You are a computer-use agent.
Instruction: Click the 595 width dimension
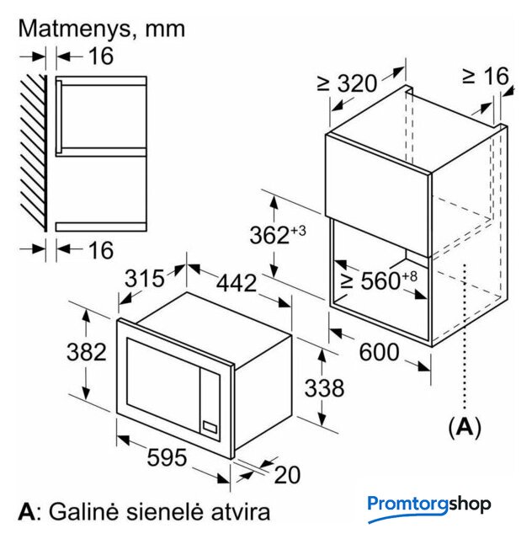click(167, 457)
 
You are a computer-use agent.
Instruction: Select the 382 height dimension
click(86, 352)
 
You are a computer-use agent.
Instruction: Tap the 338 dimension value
click(324, 387)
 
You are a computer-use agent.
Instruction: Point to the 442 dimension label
click(237, 283)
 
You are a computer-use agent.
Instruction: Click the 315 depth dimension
click(144, 278)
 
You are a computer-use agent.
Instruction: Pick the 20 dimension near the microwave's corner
click(287, 475)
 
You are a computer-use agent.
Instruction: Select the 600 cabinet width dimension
click(379, 352)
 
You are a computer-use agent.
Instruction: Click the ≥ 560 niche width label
click(379, 280)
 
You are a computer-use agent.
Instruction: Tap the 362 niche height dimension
click(278, 234)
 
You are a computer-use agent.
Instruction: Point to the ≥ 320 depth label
click(347, 83)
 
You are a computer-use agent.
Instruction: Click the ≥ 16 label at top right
click(485, 76)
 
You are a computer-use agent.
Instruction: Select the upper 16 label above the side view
click(101, 56)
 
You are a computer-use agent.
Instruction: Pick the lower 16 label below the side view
click(101, 250)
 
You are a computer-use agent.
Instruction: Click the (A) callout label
click(465, 427)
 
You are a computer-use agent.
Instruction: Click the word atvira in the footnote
click(240, 512)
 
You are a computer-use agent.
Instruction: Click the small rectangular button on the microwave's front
click(210, 427)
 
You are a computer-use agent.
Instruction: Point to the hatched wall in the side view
click(34, 152)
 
